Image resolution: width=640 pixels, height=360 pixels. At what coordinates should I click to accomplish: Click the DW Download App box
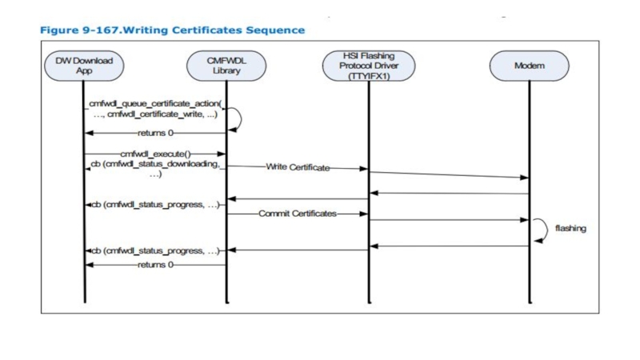point(84,66)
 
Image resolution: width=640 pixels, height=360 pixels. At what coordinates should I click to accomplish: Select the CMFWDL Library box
point(226,66)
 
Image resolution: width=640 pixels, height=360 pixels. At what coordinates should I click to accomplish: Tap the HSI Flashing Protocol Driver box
point(369,66)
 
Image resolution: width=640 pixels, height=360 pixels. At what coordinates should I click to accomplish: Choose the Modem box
point(529,66)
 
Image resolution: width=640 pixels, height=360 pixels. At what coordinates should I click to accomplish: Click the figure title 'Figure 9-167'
point(79,30)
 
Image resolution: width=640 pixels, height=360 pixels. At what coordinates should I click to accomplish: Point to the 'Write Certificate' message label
point(297,167)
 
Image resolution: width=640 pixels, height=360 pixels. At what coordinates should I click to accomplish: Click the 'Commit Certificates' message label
point(297,214)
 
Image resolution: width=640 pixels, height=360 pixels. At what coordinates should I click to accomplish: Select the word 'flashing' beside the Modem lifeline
point(570,228)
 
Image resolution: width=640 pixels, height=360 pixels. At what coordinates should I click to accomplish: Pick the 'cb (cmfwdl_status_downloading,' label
point(154,165)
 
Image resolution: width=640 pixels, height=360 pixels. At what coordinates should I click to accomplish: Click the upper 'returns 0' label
point(154,132)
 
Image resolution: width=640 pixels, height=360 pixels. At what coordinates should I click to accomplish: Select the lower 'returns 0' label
point(154,264)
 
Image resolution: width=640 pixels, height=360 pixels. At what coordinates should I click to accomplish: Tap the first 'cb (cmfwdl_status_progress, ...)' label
point(155,204)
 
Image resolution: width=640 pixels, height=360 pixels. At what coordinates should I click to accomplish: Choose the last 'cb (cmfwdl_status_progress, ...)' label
point(155,251)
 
